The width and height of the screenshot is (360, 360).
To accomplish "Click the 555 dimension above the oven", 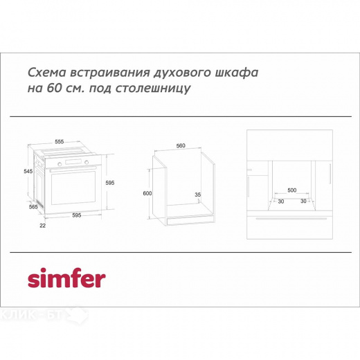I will click(60, 141).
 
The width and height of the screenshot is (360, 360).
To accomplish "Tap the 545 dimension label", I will click(28, 171).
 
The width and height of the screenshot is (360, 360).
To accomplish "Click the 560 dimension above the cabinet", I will click(181, 146).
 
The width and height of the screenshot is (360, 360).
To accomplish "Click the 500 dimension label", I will click(291, 189).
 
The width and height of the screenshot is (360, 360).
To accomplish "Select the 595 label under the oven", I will click(76, 216).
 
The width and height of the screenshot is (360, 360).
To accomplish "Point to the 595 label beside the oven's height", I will click(109, 182).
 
